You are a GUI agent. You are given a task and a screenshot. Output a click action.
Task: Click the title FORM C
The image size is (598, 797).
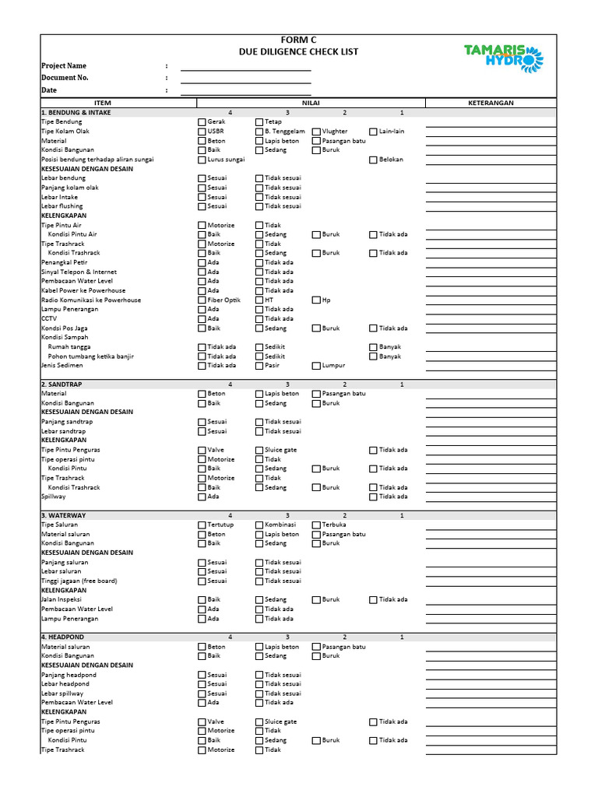point(299,40)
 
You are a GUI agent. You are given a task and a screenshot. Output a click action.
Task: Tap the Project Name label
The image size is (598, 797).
point(64,66)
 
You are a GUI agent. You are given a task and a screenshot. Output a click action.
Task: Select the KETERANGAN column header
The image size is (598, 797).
point(491,103)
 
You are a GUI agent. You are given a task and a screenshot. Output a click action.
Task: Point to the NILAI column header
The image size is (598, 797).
point(311,103)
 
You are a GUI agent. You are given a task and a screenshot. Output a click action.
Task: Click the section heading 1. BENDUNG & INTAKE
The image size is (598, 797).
point(76,112)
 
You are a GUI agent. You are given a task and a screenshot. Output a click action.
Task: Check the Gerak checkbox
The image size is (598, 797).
point(202,122)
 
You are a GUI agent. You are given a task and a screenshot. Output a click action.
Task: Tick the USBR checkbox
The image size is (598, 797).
point(202,132)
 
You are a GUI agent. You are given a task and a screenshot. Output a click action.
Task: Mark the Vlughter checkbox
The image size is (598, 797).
point(316,132)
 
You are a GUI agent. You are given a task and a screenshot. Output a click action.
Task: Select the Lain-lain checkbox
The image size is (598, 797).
point(373,132)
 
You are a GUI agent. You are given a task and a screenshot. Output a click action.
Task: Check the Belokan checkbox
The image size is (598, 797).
point(373,160)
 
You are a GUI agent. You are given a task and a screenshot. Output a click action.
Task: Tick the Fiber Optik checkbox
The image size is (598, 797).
point(202,300)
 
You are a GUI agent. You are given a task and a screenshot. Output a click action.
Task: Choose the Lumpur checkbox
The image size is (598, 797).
point(316,365)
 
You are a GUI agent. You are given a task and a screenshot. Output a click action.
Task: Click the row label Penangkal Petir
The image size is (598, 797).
point(65,262)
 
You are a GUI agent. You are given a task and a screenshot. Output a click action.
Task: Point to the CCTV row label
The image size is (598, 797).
point(49,318)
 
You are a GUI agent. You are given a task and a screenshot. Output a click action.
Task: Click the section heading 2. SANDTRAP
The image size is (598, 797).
point(62,384)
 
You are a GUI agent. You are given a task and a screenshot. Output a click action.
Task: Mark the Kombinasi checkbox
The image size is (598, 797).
point(259,525)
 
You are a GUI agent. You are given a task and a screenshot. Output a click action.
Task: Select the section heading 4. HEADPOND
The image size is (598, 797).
point(63,637)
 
